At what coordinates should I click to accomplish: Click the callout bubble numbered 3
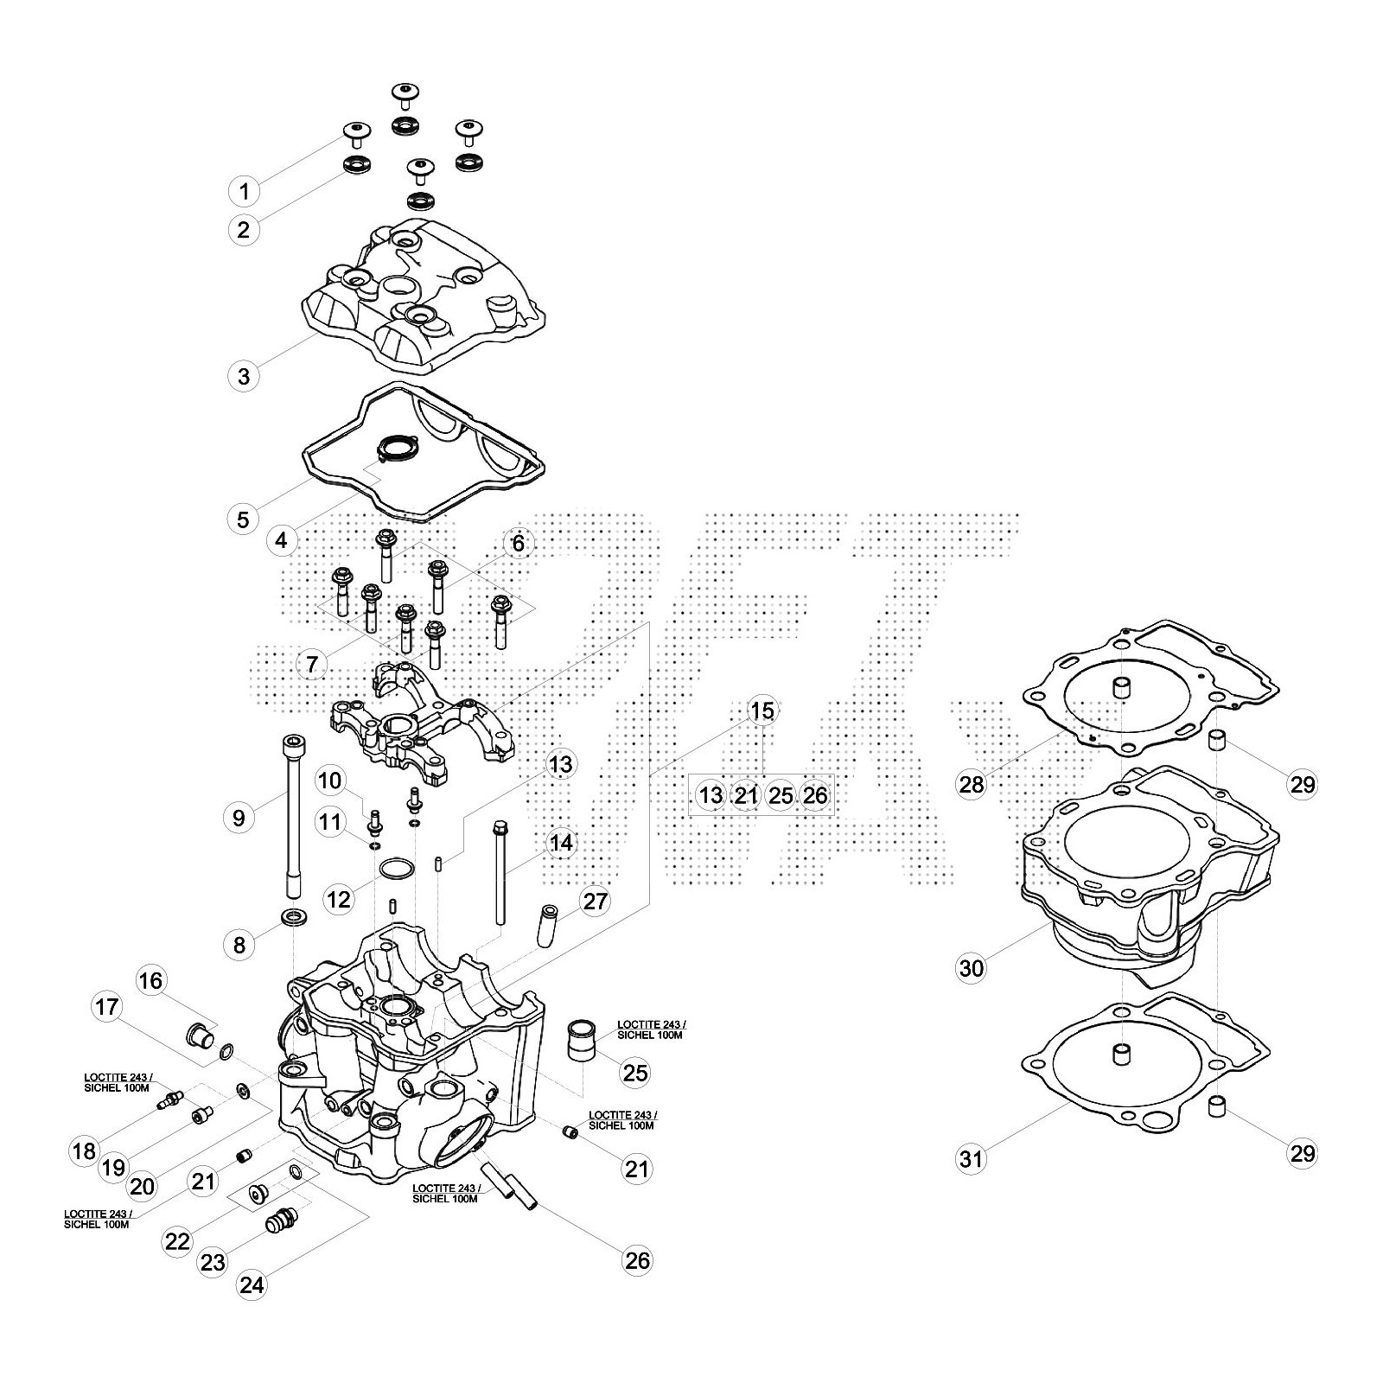click(244, 376)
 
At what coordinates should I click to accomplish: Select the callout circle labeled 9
click(239, 817)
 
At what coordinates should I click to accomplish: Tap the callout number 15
click(762, 711)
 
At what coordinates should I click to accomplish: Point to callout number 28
click(972, 784)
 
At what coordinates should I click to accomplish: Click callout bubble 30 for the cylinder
click(972, 968)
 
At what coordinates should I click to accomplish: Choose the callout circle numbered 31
click(972, 1157)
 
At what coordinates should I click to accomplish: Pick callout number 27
click(595, 902)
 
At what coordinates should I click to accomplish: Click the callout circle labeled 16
click(150, 980)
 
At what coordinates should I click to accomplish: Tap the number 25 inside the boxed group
click(781, 795)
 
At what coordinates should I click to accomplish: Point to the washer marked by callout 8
click(294, 916)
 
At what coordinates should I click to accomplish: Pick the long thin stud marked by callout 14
click(500, 873)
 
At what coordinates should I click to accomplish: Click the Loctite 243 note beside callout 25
click(651, 1029)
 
